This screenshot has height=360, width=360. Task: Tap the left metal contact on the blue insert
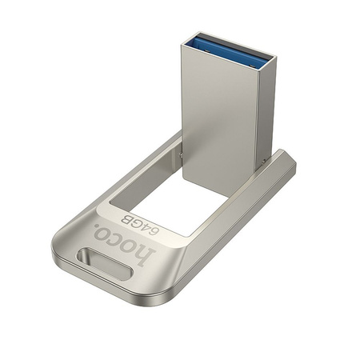[210, 40]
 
